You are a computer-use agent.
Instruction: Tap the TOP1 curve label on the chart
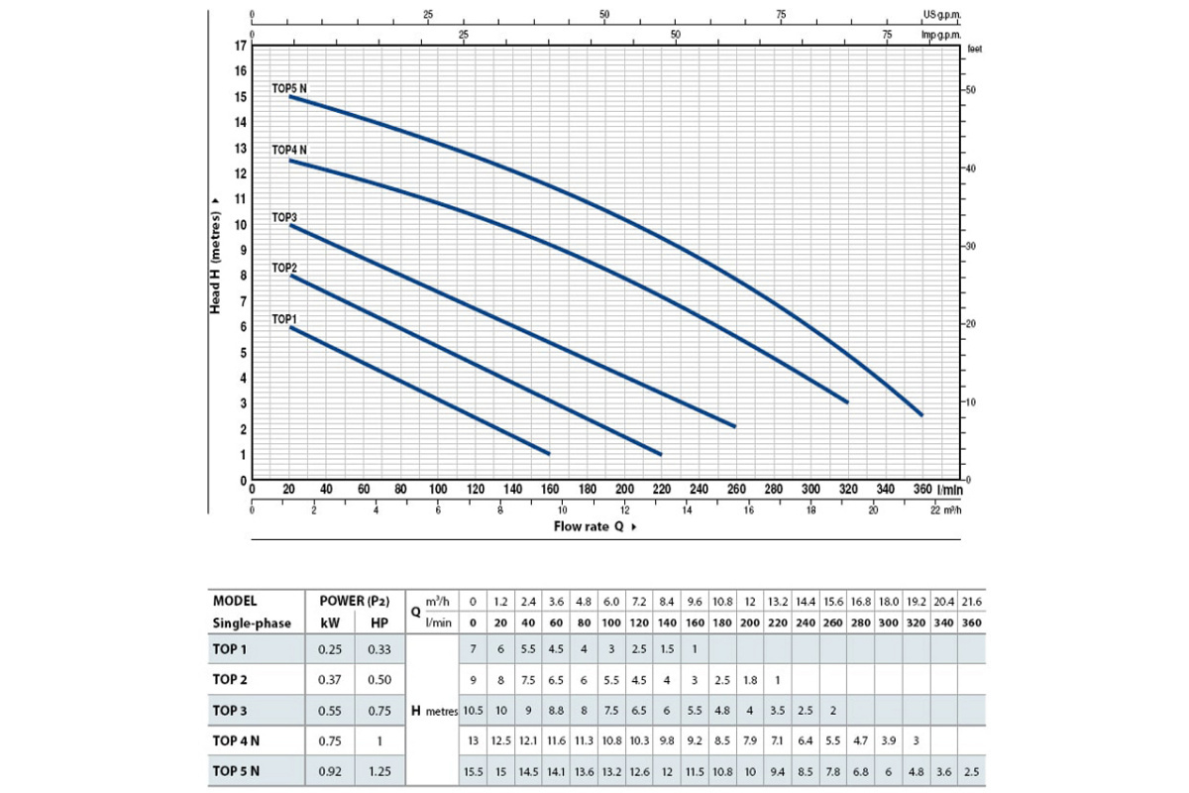[284, 319]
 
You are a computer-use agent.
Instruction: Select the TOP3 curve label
[284, 217]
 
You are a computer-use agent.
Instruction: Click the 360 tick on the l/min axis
[922, 489]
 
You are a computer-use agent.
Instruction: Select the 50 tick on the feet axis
[972, 89]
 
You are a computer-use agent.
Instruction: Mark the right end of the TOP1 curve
[549, 453]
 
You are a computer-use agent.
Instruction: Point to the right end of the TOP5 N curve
[921, 414]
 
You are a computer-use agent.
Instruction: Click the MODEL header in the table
[235, 601]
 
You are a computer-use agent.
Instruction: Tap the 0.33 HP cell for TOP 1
[378, 650]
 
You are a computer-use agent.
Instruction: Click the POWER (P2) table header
[354, 601]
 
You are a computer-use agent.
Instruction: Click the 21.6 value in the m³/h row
[972, 602]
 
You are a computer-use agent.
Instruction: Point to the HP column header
[378, 623]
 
